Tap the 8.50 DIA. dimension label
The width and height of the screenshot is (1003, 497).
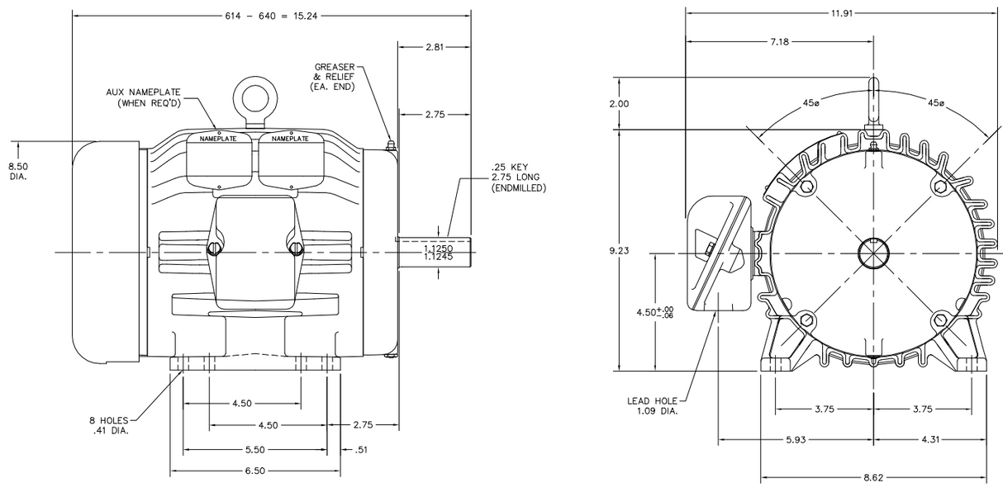[x=17, y=171]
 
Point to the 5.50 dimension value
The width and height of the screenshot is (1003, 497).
[x=255, y=450]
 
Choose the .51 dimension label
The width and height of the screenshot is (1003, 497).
[x=361, y=450]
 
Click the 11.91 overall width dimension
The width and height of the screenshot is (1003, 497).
[x=841, y=12]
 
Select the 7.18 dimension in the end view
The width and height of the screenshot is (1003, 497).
[x=781, y=40]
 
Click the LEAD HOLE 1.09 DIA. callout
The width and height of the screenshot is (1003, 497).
[x=652, y=405]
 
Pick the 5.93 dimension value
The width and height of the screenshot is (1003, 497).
[x=796, y=438]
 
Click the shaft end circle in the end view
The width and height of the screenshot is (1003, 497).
[x=872, y=251]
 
